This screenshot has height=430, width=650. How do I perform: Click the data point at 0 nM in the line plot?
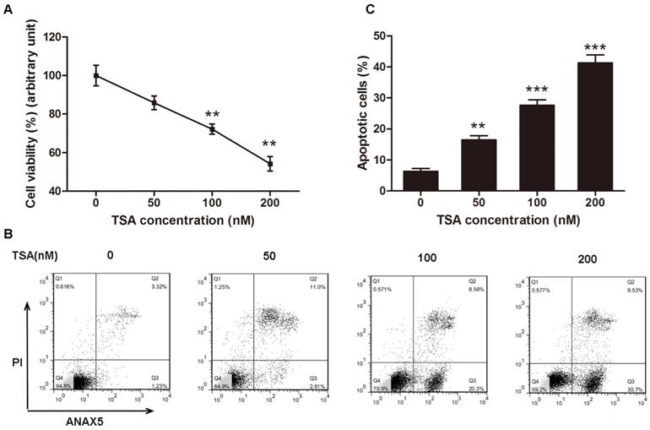(x=96, y=76)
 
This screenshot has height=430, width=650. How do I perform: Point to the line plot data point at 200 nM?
(x=270, y=164)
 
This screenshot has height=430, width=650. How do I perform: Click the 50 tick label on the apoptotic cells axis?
(x=381, y=37)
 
